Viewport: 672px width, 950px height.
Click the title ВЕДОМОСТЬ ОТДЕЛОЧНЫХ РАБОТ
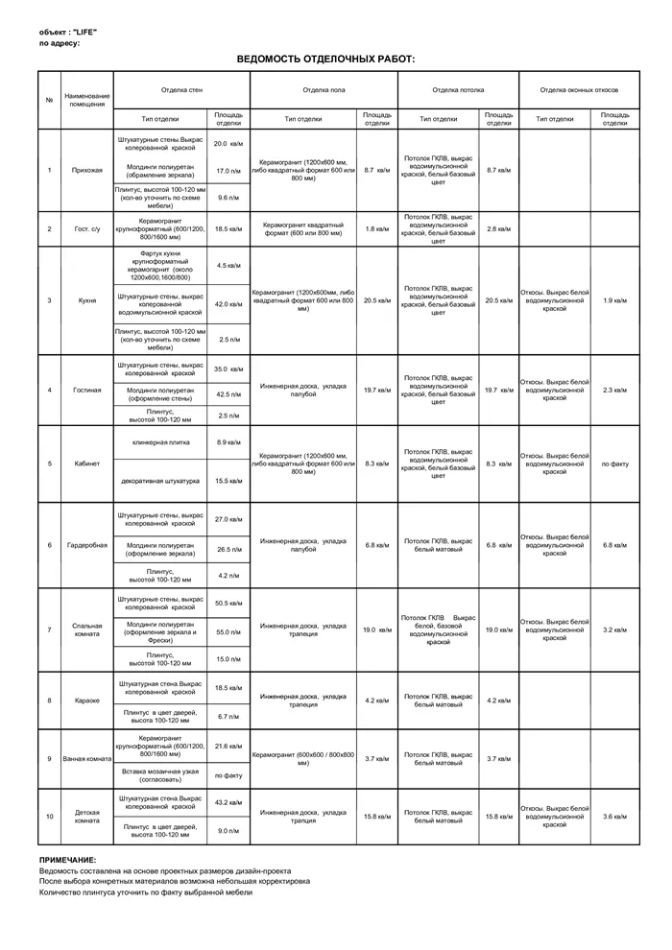click(x=325, y=59)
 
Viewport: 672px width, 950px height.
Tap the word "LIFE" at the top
click(x=84, y=32)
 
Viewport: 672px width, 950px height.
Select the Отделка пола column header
click(x=324, y=90)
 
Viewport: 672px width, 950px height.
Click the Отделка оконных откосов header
click(x=578, y=90)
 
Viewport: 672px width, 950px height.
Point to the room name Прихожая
click(x=87, y=170)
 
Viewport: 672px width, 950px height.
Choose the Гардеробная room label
click(x=87, y=545)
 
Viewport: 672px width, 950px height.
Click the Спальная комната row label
click(x=87, y=629)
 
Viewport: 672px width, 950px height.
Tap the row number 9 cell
click(x=49, y=758)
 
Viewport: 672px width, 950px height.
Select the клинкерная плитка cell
click(x=160, y=442)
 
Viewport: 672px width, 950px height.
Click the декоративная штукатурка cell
click(x=160, y=480)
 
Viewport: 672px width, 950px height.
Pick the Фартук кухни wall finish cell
click(x=160, y=265)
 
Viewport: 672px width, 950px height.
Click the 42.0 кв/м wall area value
click(x=228, y=304)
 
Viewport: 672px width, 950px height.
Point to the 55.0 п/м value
click(x=228, y=632)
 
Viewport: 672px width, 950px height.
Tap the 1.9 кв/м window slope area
click(x=614, y=300)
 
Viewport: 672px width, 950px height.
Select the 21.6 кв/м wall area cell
click(x=228, y=746)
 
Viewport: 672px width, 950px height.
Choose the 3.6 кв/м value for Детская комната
click(x=614, y=817)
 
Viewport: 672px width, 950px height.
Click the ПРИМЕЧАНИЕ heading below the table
click(x=68, y=860)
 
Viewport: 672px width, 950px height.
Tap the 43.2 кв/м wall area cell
click(x=228, y=802)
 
